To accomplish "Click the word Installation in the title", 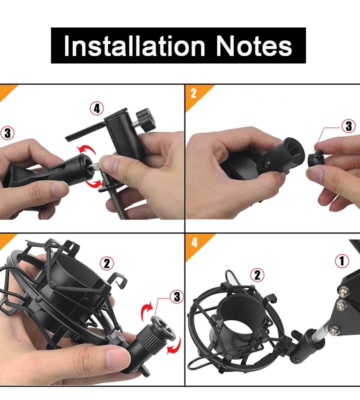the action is coord(134,46).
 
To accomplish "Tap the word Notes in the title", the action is coord(254,46).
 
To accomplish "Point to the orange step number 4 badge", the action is coord(197,245).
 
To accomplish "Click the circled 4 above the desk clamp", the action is coord(96,108).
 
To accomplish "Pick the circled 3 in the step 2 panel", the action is coord(348,126).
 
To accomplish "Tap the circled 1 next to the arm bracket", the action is coord(342,260).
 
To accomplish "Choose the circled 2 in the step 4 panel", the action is coord(257,275).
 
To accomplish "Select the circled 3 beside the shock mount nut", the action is coord(177,296).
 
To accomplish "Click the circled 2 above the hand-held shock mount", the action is coord(107,263).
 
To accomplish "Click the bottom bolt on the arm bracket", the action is coord(332,332).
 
